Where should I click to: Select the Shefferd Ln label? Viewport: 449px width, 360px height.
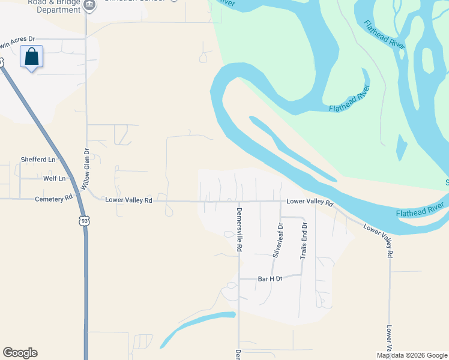[38, 160]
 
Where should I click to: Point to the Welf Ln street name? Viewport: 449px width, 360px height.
[54, 179]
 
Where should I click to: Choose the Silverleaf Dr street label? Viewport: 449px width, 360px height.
[277, 240]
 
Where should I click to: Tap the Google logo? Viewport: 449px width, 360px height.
[20, 353]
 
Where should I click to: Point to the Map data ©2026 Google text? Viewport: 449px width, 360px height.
[411, 355]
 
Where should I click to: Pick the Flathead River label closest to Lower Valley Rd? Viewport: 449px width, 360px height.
[420, 209]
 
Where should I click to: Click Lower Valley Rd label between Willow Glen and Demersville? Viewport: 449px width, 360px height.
[128, 200]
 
